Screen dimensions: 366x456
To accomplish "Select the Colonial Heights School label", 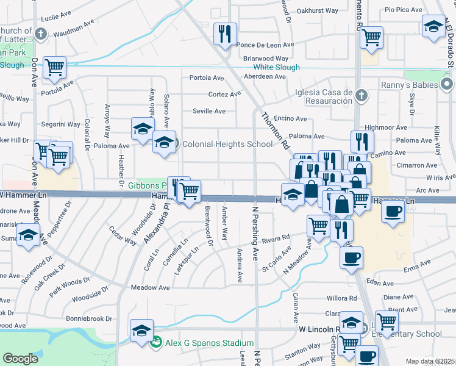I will tap(227, 145).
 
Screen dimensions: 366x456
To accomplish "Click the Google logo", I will tap(21, 359).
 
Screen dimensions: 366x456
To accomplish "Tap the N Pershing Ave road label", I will tap(256, 239).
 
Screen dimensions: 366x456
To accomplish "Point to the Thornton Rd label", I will tap(275, 131).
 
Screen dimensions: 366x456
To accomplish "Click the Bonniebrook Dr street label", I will tap(90, 318).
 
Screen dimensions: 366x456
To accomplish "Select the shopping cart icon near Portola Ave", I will tap(55, 68).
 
